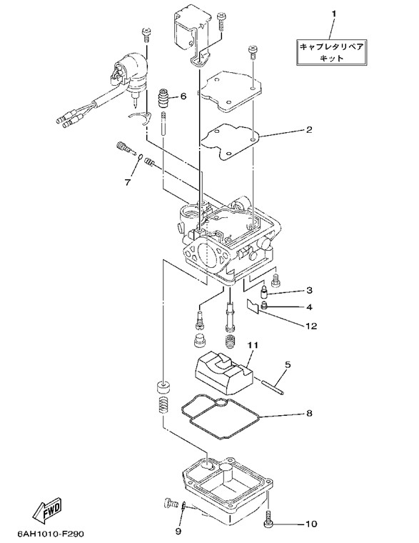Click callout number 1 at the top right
pyautogui.click(x=333, y=14)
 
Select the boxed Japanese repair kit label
pyautogui.click(x=331, y=52)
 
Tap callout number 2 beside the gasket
pyautogui.click(x=309, y=129)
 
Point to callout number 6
pyautogui.click(x=183, y=96)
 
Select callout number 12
pyautogui.click(x=311, y=326)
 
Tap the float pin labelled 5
pyautogui.click(x=273, y=387)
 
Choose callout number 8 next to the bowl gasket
pyautogui.click(x=308, y=413)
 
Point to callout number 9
pyautogui.click(x=178, y=531)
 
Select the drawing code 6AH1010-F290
pyautogui.click(x=51, y=533)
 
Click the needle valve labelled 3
pyautogui.click(x=264, y=293)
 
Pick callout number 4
pyautogui.click(x=308, y=307)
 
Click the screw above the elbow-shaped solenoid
pyautogui.click(x=146, y=34)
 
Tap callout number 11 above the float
pyautogui.click(x=252, y=345)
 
